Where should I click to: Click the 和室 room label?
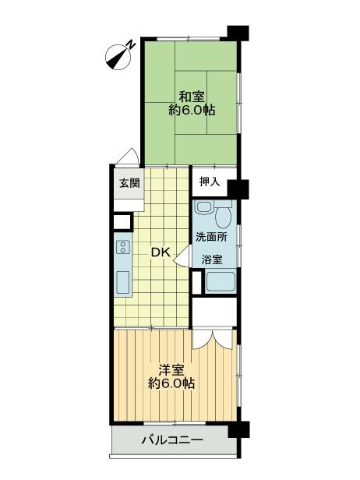click(192, 97)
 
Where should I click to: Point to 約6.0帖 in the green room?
click(192, 111)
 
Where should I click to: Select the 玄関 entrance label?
click(129, 184)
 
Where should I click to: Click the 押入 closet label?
click(210, 182)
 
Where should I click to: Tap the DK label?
click(160, 252)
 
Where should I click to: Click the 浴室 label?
click(211, 259)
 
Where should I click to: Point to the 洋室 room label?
click(171, 369)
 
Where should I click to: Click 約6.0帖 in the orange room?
click(171, 383)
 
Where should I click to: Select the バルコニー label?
click(172, 441)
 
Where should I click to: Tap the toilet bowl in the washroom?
click(225, 213)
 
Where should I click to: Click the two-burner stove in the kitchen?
click(123, 249)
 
